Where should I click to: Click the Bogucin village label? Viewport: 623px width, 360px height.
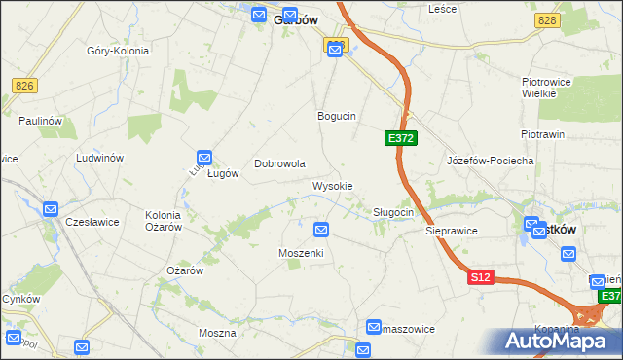tap(337, 116)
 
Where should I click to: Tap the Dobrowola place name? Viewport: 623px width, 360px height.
tap(280, 164)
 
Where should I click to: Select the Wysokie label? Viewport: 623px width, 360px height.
tap(332, 186)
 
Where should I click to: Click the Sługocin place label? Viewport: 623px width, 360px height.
tap(394, 212)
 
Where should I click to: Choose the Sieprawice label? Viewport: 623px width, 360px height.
tap(451, 233)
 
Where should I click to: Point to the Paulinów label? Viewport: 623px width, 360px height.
tap(40, 120)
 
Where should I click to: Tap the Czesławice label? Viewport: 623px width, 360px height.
tap(92, 222)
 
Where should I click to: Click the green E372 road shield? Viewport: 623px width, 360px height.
tap(401, 139)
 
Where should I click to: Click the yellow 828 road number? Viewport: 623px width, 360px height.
tap(547, 20)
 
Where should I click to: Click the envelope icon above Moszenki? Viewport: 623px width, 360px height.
tap(321, 230)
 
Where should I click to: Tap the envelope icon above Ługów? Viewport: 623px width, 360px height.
tap(204, 157)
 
